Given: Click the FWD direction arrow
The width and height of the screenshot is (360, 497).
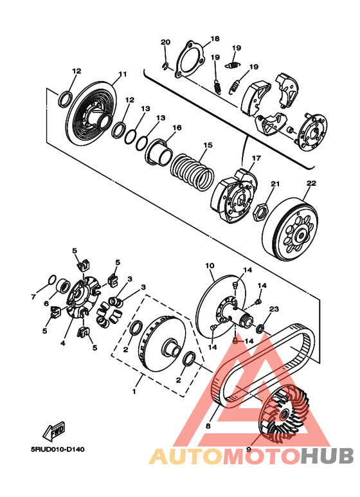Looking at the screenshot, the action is (54, 431).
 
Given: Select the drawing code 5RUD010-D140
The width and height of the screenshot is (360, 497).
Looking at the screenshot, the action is (58, 449).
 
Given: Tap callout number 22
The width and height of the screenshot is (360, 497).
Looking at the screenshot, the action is (311, 183).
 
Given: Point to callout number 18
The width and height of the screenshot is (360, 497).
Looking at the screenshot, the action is (215, 39).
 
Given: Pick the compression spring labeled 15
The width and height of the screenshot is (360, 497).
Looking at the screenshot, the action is (192, 172).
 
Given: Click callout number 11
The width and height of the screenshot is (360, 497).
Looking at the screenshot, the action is (123, 74).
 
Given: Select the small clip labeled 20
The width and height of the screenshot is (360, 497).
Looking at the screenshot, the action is (165, 66).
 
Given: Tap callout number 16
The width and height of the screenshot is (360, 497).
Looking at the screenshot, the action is (177, 127).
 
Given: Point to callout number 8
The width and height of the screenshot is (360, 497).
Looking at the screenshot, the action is (208, 426).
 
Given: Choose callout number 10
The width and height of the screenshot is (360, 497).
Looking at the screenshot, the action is (210, 266).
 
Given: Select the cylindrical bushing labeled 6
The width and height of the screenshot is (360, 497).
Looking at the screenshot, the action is (63, 286).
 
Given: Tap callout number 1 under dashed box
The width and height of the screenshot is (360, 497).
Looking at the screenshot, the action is (134, 391).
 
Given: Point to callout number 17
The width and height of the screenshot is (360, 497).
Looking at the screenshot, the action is (256, 158).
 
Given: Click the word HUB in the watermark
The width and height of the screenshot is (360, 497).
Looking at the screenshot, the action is (327, 456).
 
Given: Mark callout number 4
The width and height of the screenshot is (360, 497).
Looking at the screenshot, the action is (63, 343).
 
